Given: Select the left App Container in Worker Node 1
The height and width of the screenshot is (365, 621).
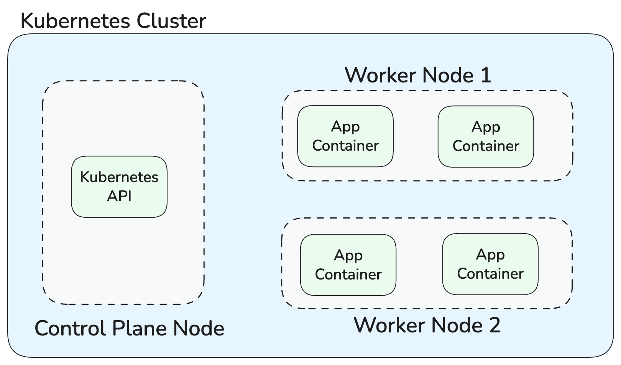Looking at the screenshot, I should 345,136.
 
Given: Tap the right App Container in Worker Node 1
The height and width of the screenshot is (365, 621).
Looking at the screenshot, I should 486,136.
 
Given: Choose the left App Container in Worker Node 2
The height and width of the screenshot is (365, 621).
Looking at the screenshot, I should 348,265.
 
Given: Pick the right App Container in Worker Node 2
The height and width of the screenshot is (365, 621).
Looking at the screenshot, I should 490,264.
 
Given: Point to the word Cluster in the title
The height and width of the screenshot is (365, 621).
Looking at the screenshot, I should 171,21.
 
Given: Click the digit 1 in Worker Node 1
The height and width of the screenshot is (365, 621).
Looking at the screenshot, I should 485,75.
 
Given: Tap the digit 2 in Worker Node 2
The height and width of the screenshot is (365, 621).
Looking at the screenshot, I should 495,325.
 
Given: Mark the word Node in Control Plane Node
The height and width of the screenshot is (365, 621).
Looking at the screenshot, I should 199,329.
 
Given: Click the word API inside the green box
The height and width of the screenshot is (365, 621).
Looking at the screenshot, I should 119,196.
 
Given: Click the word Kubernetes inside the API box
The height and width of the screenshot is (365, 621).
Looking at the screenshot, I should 119,177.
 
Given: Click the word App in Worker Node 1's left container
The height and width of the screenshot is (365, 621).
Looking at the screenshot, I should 345,127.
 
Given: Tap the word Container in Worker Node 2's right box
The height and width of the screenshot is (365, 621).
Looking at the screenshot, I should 490,274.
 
